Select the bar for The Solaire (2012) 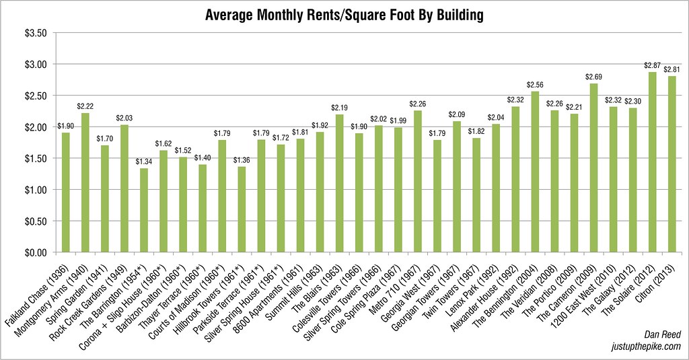coord(652,162)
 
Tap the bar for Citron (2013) coord(672,164)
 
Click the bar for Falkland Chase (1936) coord(66,192)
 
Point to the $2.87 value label coord(652,65)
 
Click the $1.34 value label coord(144,161)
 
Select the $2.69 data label coord(593,77)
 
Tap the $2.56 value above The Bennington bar coord(535,85)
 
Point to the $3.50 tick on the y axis coord(34,33)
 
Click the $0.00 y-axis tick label coord(34,252)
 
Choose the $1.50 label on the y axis coord(34,159)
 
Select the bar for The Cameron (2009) coord(593,168)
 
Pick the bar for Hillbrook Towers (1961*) coord(242,209)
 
